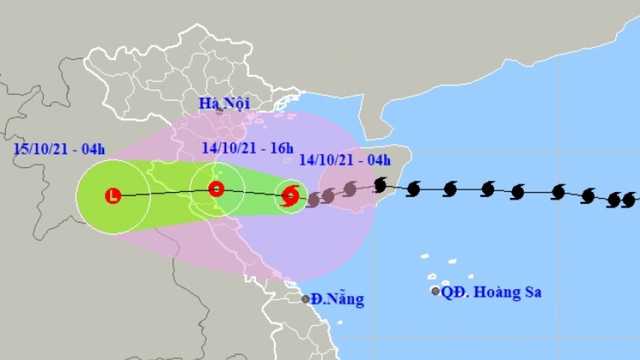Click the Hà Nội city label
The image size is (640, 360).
pyautogui.click(x=225, y=103)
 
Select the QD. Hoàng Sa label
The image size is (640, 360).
pyautogui.click(x=492, y=292)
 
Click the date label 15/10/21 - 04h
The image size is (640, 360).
pyautogui.click(x=60, y=149)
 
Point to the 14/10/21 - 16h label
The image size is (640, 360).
pyautogui.click(x=247, y=148)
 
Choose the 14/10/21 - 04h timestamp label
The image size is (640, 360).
pyautogui.click(x=345, y=159)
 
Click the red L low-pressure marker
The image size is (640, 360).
pyautogui.click(x=113, y=196)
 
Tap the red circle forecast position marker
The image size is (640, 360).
pyautogui.click(x=216, y=189)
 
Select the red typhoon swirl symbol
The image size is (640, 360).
pyautogui.click(x=290, y=195)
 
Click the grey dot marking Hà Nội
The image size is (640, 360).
pyautogui.click(x=219, y=111)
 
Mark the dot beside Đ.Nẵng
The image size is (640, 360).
pyautogui.click(x=306, y=299)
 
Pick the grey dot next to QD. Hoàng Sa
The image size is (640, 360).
pyautogui.click(x=436, y=291)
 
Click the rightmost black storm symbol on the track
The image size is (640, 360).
pyautogui.click(x=629, y=200)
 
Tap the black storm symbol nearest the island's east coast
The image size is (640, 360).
pyautogui.click(x=380, y=185)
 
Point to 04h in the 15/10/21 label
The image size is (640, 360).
pyautogui.click(x=94, y=149)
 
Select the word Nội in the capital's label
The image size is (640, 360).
pyautogui.click(x=238, y=103)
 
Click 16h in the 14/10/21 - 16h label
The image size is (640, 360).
pyautogui.click(x=282, y=148)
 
